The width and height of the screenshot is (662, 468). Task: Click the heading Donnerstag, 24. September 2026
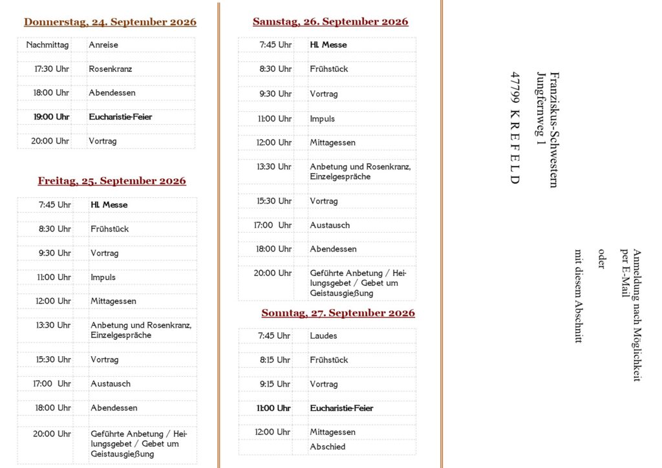tap(110, 22)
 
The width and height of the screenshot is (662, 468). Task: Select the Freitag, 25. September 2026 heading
tap(112, 181)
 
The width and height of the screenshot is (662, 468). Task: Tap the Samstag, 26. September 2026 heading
tap(330, 22)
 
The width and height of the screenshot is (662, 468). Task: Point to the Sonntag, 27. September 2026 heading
tap(338, 314)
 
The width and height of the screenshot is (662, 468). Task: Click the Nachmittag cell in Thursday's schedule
tap(47, 45)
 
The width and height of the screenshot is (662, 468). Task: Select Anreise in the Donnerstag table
tap(103, 45)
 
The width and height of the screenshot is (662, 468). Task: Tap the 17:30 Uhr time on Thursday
tap(51, 69)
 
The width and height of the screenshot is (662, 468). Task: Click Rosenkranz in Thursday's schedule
tap(111, 69)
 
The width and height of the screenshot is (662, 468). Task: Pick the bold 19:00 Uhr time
tap(51, 117)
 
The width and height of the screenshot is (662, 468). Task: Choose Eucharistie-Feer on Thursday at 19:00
tap(121, 117)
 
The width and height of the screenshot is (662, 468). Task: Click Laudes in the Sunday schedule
tap(323, 336)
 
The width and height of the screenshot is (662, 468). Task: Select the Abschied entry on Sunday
tap(328, 447)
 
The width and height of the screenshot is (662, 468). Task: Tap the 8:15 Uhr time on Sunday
tap(275, 360)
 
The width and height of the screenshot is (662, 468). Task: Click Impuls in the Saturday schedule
tap(322, 119)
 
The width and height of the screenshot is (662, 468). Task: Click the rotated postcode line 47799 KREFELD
tap(515, 127)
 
